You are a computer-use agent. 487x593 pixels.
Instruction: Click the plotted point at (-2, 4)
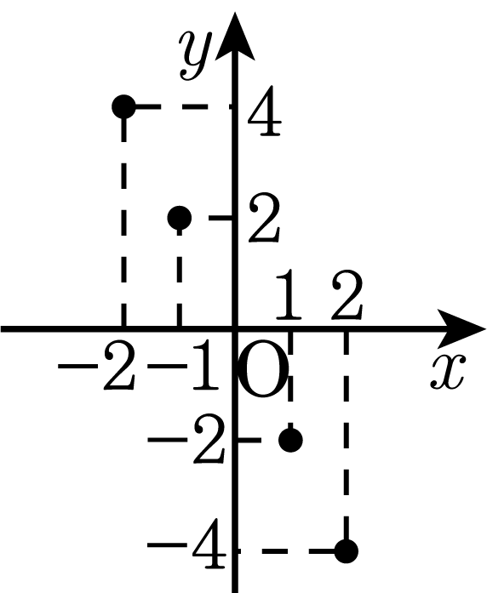123,106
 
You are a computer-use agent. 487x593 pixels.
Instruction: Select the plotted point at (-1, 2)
180,218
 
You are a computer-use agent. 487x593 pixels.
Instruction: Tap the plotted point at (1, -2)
290,440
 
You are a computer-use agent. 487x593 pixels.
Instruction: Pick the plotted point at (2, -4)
347,550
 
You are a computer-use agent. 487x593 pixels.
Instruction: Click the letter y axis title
195,54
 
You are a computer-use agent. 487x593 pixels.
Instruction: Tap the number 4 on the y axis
265,111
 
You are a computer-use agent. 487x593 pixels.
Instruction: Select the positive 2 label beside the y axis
265,218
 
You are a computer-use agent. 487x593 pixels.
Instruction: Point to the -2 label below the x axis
96,366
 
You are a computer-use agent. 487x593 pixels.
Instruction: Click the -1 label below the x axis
184,366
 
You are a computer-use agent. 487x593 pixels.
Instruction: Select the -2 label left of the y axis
186,440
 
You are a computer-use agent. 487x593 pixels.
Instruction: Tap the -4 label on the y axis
187,545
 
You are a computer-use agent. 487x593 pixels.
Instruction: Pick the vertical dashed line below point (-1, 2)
180,277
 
